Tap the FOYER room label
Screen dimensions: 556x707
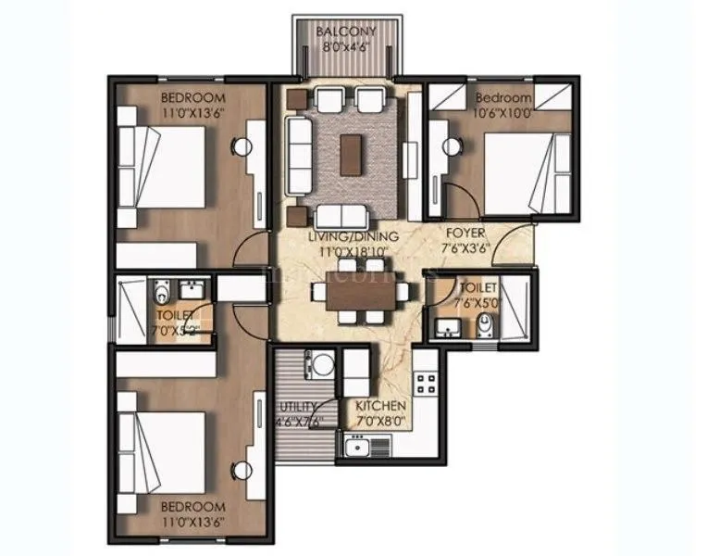pyautogui.click(x=461, y=234)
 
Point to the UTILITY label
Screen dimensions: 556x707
pyautogui.click(x=298, y=407)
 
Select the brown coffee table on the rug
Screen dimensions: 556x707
pyautogui.click(x=351, y=152)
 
